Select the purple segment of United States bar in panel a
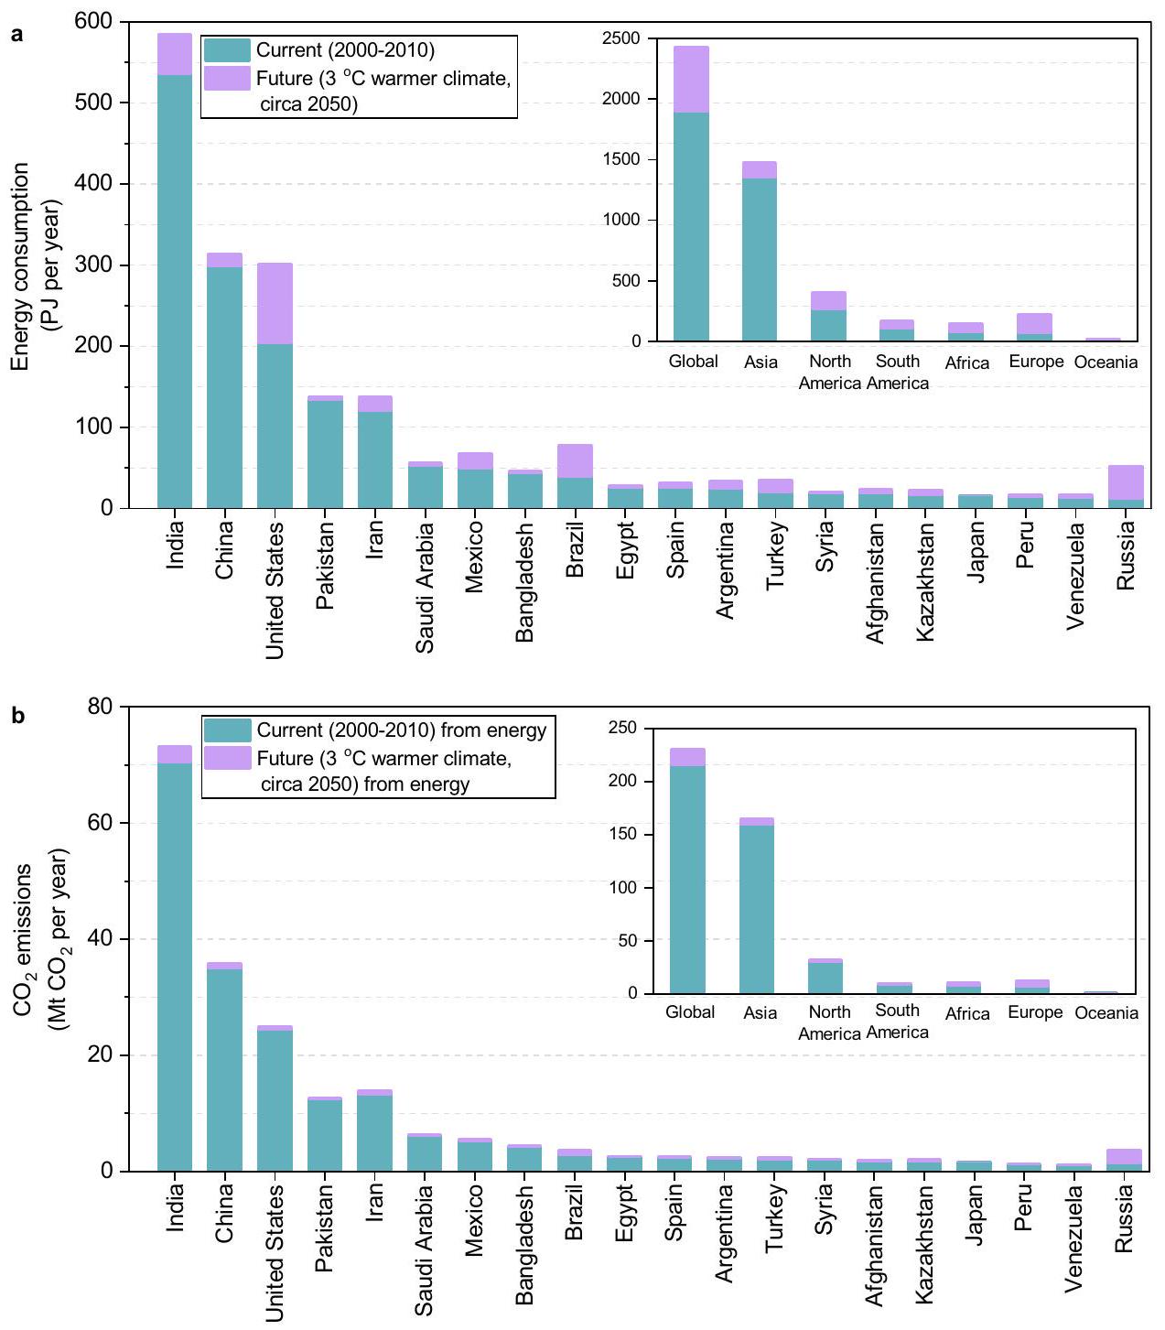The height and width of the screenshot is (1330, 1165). point(275,303)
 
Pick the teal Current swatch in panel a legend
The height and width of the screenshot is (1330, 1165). point(227,50)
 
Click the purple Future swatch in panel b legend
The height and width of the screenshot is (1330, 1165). point(227,758)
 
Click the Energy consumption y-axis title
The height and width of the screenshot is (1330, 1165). point(34,266)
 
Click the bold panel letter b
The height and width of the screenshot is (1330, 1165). point(17,716)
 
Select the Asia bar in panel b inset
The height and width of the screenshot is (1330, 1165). point(757,906)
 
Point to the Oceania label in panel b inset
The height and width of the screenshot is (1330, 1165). point(1106,1013)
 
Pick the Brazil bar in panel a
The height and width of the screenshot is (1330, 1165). point(575,476)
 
